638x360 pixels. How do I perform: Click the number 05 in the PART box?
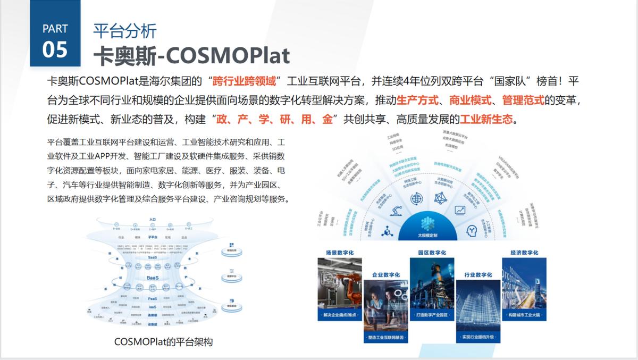point(55,49)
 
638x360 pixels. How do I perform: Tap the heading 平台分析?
point(124,30)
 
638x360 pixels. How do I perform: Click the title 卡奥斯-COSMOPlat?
point(191,55)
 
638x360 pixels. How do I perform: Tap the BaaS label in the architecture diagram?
point(153,278)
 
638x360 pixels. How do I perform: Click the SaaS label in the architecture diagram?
point(153,257)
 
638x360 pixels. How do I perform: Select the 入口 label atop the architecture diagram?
point(153,219)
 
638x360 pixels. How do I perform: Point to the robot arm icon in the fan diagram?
point(396,211)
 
